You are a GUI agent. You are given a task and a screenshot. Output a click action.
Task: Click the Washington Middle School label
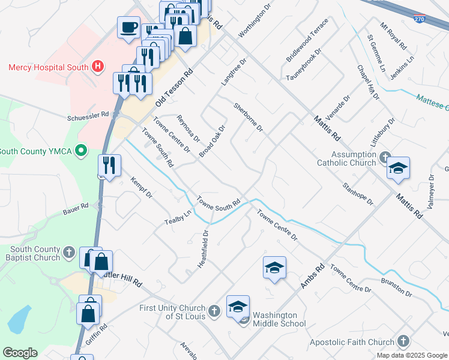274,319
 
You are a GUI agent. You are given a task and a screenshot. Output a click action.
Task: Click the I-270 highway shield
420,19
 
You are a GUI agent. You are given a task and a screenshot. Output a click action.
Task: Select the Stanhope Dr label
358,194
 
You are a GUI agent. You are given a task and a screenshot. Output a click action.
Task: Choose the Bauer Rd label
76,208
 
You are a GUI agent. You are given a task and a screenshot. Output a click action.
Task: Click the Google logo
20,353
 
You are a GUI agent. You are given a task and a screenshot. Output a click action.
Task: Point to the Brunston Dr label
396,287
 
